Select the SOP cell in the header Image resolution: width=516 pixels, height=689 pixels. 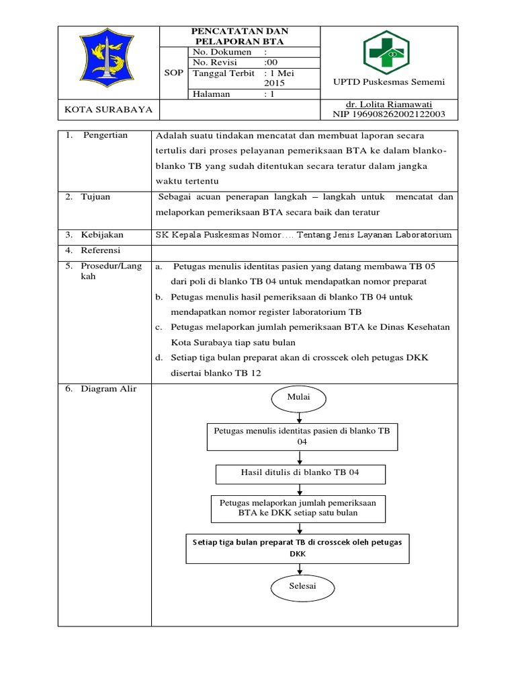click(x=173, y=73)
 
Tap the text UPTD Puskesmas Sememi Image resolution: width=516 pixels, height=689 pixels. click(x=390, y=82)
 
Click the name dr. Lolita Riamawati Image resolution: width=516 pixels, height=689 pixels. click(x=388, y=104)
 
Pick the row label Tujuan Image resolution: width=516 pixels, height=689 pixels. click(x=96, y=197)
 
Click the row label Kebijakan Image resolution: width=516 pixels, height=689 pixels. click(x=102, y=235)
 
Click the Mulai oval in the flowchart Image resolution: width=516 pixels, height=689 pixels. click(x=299, y=397)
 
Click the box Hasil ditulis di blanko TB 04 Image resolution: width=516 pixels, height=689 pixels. click(x=300, y=473)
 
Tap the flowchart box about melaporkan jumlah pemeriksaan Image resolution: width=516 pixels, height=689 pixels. click(x=298, y=508)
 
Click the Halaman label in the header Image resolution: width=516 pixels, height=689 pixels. click(x=212, y=94)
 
